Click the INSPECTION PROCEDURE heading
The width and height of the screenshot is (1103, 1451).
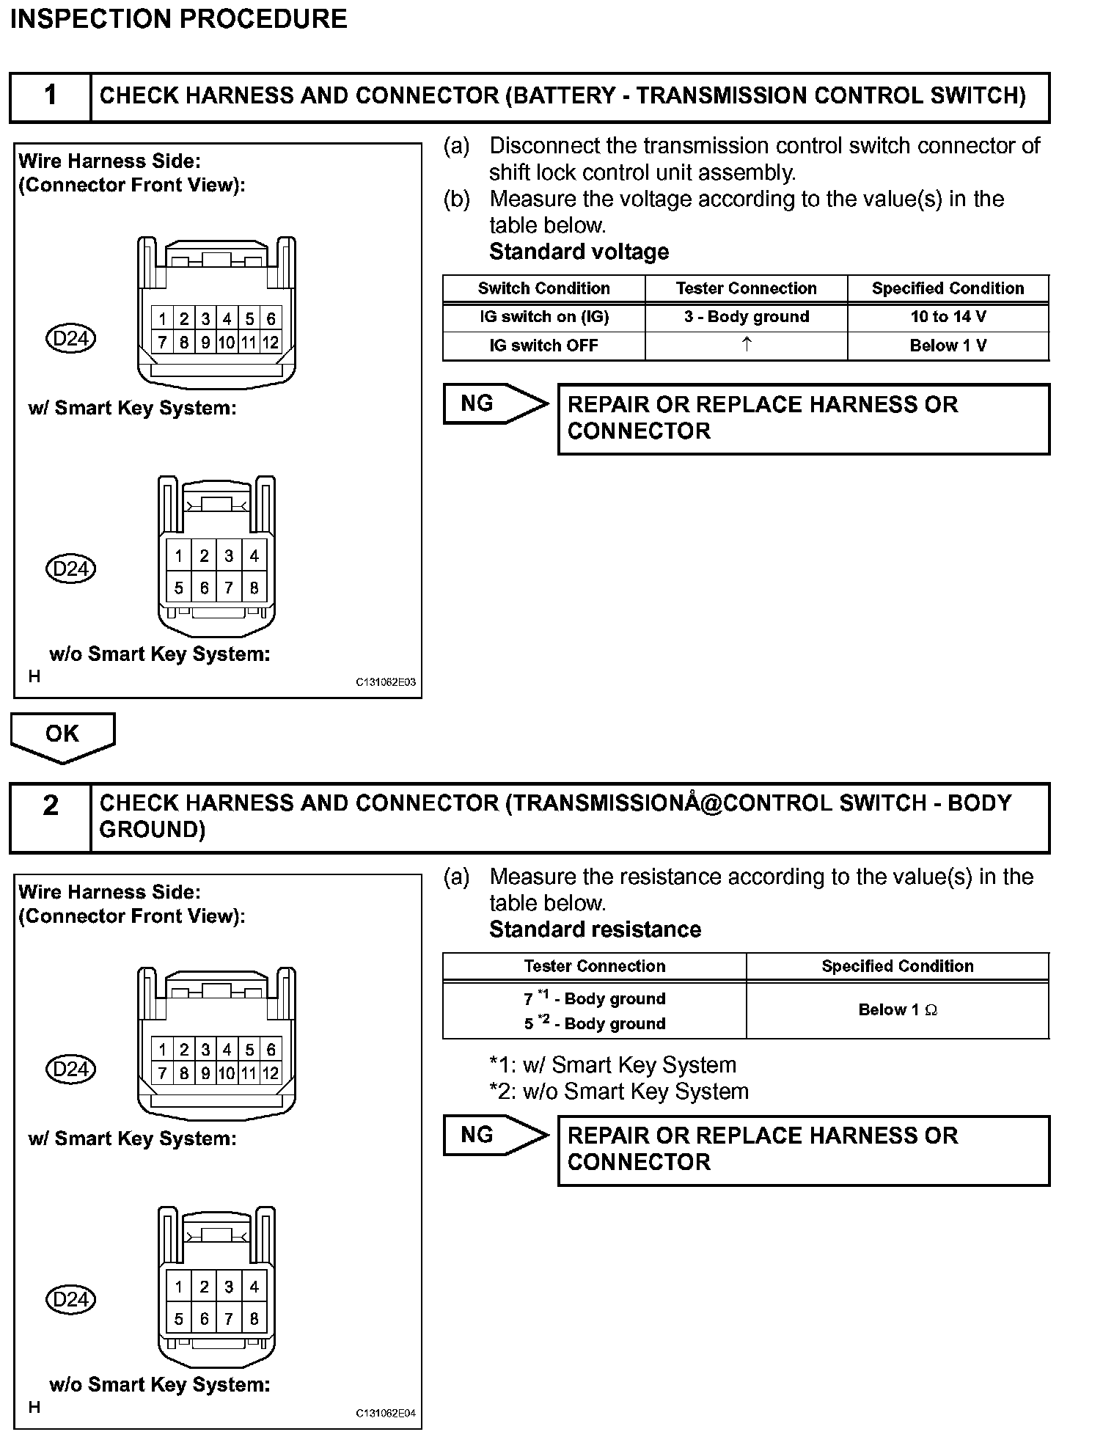coord(179,19)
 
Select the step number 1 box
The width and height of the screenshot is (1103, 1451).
coord(50,96)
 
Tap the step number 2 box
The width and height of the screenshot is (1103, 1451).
coord(50,817)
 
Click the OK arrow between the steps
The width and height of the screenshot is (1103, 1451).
coord(62,736)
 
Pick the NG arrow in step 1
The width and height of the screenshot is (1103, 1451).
coord(495,403)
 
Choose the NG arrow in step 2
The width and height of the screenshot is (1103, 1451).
coord(495,1135)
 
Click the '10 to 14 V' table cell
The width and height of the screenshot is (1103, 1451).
coord(948,317)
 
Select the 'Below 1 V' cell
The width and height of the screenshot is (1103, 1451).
coord(948,346)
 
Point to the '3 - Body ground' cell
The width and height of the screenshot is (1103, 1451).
coord(747,317)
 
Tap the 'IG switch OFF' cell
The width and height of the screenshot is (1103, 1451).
coord(543,346)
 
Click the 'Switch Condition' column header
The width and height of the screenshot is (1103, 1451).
coord(543,288)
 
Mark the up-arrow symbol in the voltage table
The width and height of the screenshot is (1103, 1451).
coord(747,344)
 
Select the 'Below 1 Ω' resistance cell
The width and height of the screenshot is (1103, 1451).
coord(898,1010)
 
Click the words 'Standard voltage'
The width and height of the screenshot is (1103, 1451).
coord(579,252)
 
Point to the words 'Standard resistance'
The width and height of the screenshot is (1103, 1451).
coord(595,929)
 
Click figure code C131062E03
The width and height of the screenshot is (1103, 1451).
coord(386,682)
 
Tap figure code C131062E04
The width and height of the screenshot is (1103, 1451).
coord(386,1413)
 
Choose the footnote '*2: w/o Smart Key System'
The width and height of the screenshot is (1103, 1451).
coord(619,1092)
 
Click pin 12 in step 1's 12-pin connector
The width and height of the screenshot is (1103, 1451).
coord(271,342)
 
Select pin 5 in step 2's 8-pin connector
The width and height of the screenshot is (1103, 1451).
coord(178,1319)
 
